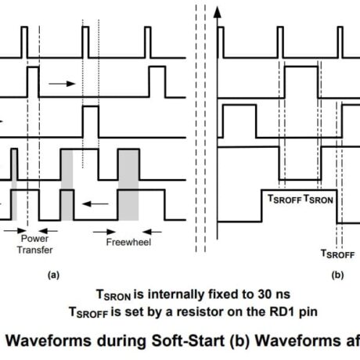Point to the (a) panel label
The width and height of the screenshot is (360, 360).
[x=53, y=275]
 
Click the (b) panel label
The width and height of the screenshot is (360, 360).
[x=337, y=275]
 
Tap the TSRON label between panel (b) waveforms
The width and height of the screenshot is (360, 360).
[x=319, y=200]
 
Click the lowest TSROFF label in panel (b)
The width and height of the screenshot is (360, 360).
[x=338, y=254]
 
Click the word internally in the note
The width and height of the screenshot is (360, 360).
[x=174, y=295]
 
